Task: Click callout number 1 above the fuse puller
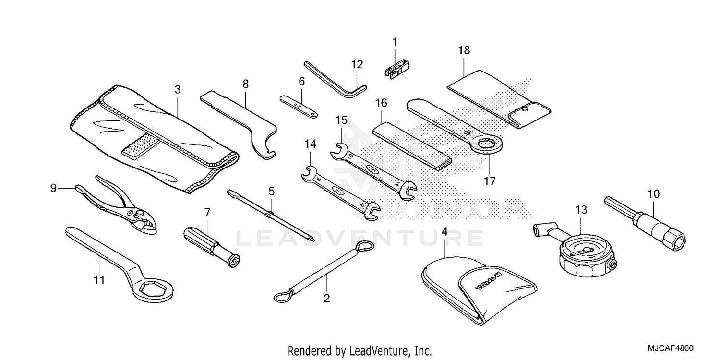click(x=395, y=42)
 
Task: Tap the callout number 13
click(x=581, y=210)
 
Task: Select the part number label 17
click(x=490, y=181)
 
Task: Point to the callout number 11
click(x=99, y=280)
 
